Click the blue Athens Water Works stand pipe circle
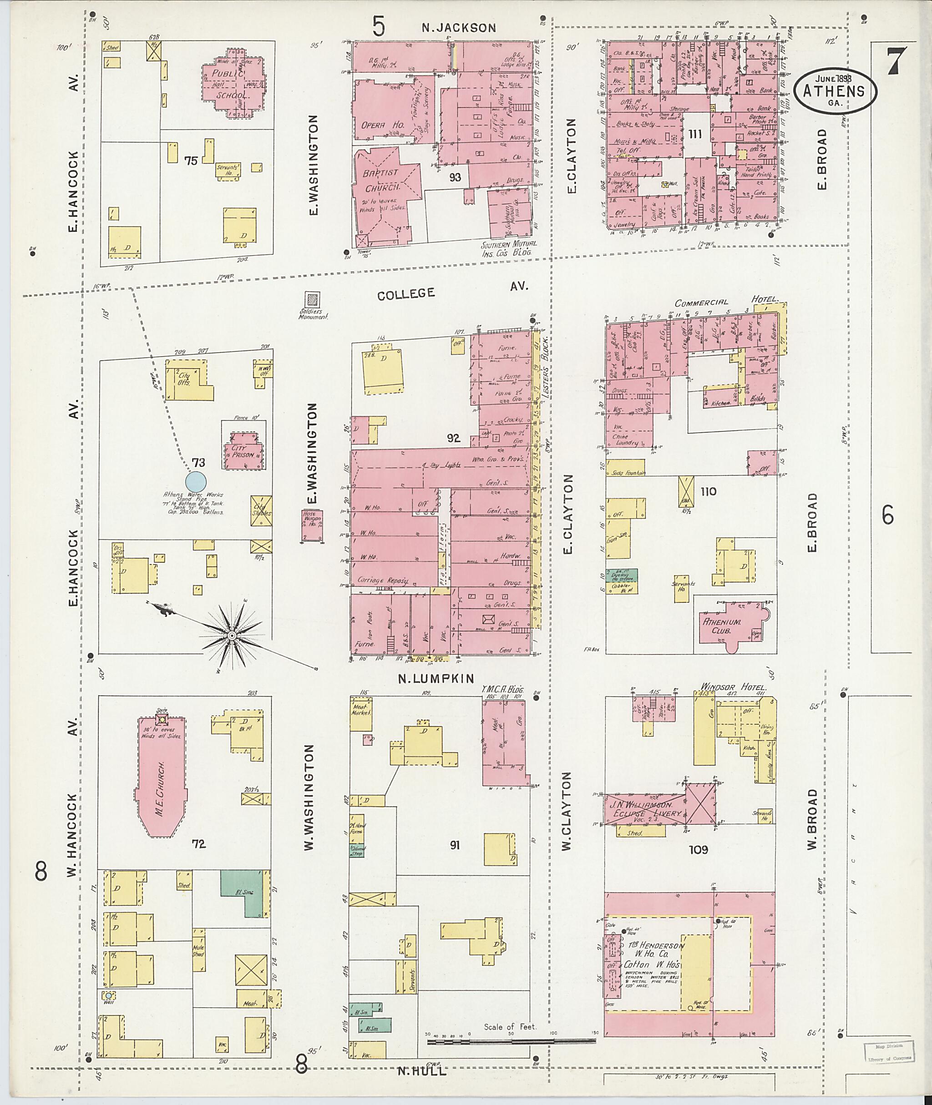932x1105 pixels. point(196,481)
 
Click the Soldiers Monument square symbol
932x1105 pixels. point(313,300)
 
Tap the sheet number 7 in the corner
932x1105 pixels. point(896,62)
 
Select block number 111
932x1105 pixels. point(695,134)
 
